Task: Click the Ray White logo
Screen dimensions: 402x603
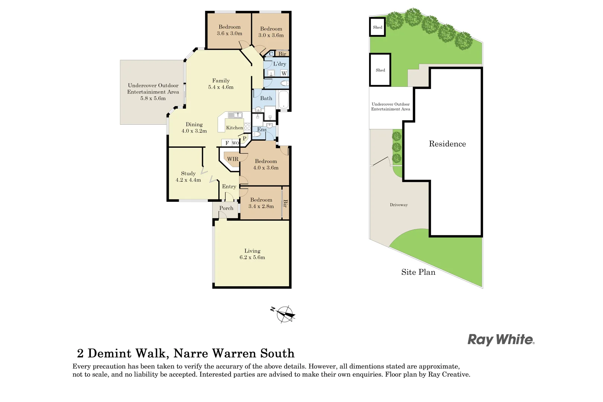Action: click(x=501, y=339)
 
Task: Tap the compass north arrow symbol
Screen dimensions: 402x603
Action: click(x=285, y=314)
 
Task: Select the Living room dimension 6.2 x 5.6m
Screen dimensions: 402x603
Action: click(x=252, y=258)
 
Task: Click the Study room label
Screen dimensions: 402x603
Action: click(x=188, y=173)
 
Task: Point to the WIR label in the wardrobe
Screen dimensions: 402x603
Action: click(x=233, y=159)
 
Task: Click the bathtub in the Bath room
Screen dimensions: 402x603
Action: click(x=284, y=99)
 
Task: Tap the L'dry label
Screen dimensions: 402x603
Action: click(x=279, y=64)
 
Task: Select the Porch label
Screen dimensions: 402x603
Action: click(x=226, y=208)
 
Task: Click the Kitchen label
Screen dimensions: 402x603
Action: click(x=234, y=128)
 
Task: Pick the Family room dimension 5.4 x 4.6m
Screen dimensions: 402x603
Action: click(x=220, y=87)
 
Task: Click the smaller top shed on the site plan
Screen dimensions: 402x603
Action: click(x=377, y=27)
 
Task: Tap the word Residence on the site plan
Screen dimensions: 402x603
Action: click(x=447, y=144)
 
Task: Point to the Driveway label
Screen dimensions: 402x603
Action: click(x=399, y=205)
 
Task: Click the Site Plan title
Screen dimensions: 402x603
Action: click(x=418, y=272)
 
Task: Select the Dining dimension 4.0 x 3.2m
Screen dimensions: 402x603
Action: click(x=194, y=131)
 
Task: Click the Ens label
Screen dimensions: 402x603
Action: click(x=262, y=130)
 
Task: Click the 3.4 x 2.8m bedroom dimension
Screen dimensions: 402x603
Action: click(x=261, y=206)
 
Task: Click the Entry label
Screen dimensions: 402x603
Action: click(x=229, y=186)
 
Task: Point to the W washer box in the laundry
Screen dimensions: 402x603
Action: click(x=284, y=73)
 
